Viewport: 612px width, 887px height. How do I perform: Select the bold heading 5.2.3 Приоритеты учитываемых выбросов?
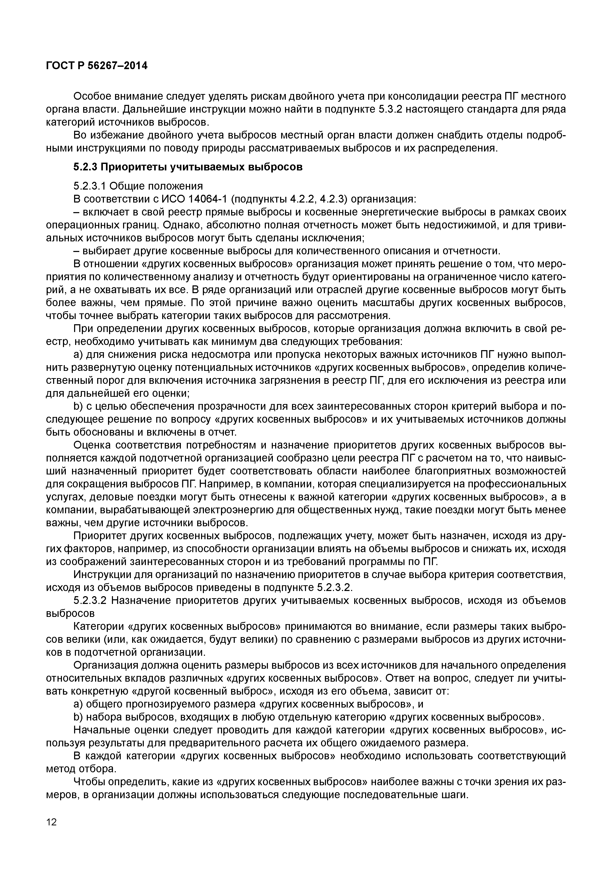pos(188,167)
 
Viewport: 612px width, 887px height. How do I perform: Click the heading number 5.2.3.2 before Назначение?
pos(89,600)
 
